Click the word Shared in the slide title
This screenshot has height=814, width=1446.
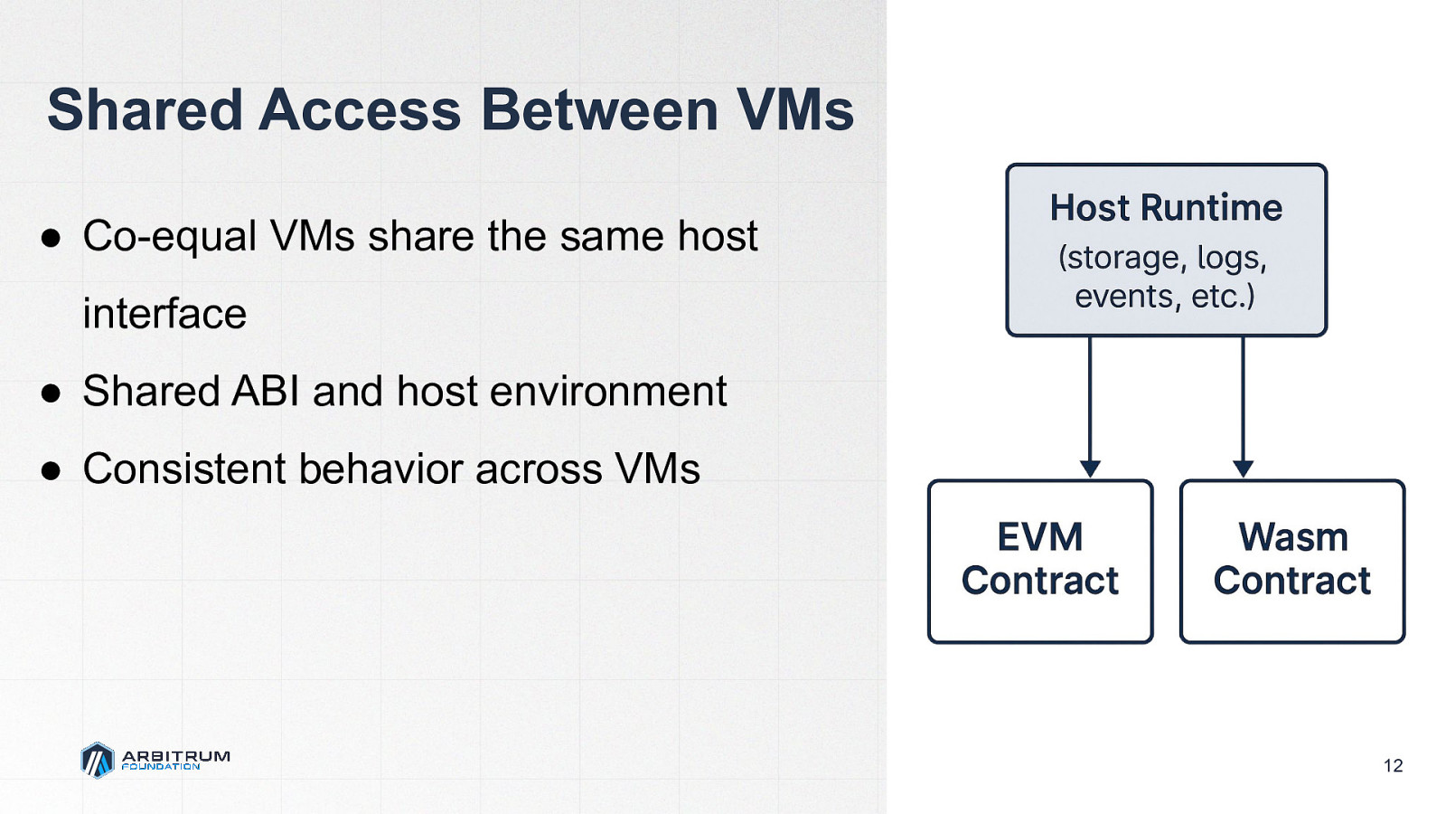coord(145,110)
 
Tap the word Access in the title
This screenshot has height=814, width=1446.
coord(361,110)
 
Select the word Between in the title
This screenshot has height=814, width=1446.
coord(598,110)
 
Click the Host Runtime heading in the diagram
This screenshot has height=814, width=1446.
coord(1166,208)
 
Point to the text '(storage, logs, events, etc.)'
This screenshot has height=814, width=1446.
coord(1165,277)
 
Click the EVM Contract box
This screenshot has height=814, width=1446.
coord(1040,561)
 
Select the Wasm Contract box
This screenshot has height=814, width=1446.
coord(1292,561)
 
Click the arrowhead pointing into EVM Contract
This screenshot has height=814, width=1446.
coord(1090,469)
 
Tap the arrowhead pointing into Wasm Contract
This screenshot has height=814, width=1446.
coord(1244,469)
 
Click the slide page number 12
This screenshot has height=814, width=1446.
coord(1393,766)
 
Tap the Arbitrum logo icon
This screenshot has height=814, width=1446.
coord(98,760)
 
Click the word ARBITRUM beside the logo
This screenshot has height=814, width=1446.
coord(175,755)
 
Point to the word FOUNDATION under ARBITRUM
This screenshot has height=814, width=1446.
coord(161,767)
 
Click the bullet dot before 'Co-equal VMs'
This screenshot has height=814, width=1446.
coord(52,238)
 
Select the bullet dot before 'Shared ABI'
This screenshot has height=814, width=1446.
coord(52,393)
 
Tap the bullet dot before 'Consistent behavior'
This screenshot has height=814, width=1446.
coord(52,471)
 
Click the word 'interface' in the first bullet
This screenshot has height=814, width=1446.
coord(164,314)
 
